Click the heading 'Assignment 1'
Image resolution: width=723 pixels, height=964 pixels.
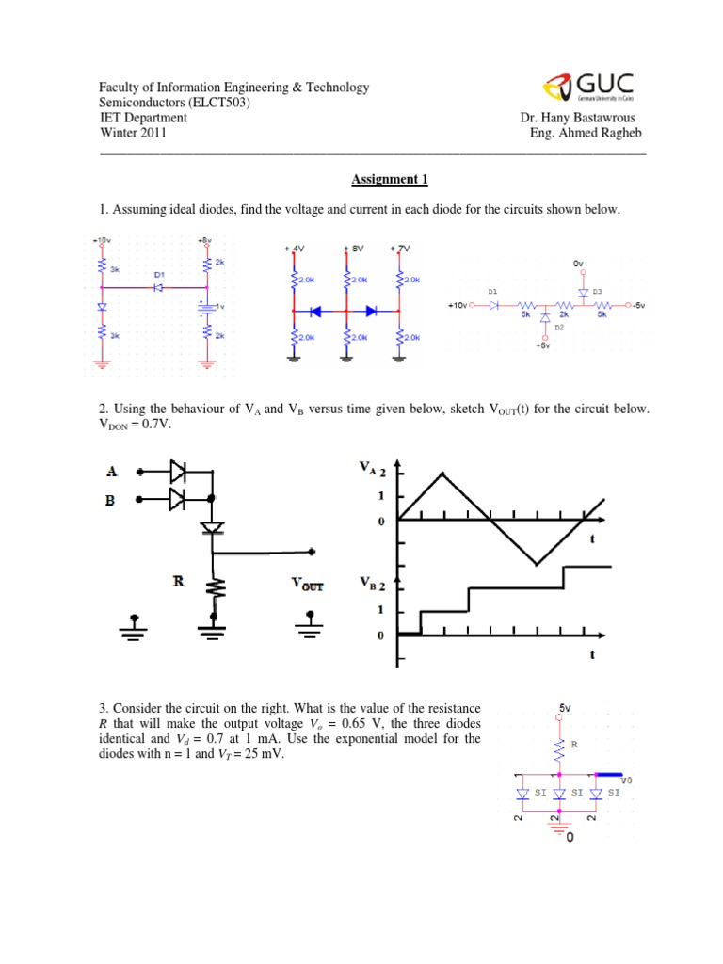click(389, 177)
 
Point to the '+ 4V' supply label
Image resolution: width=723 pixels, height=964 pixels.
click(295, 249)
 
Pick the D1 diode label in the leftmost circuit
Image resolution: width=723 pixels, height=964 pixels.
click(158, 274)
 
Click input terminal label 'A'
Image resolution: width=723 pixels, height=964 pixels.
click(112, 471)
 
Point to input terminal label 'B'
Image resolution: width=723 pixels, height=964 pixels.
click(111, 501)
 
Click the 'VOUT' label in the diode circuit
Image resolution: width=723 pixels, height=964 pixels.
click(307, 585)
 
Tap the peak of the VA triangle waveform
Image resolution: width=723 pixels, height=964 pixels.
click(442, 473)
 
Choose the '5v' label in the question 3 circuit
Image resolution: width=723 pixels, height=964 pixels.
click(565, 706)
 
